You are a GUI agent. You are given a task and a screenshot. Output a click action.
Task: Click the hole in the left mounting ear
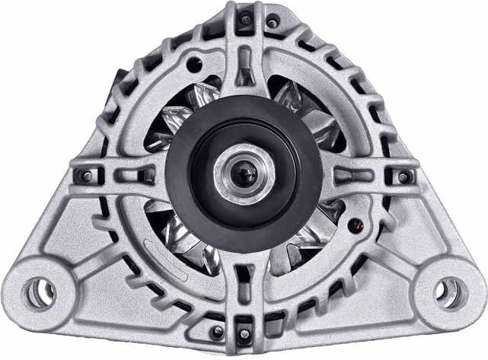(39, 291)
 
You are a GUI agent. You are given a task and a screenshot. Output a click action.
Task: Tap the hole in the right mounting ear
(448, 292)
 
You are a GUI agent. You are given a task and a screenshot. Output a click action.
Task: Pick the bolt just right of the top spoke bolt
(272, 23)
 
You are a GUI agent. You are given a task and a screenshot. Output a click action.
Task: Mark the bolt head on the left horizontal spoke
(86, 176)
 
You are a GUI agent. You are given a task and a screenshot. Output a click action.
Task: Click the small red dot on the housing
(352, 224)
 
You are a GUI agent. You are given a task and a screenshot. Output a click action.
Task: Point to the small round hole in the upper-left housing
(193, 65)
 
